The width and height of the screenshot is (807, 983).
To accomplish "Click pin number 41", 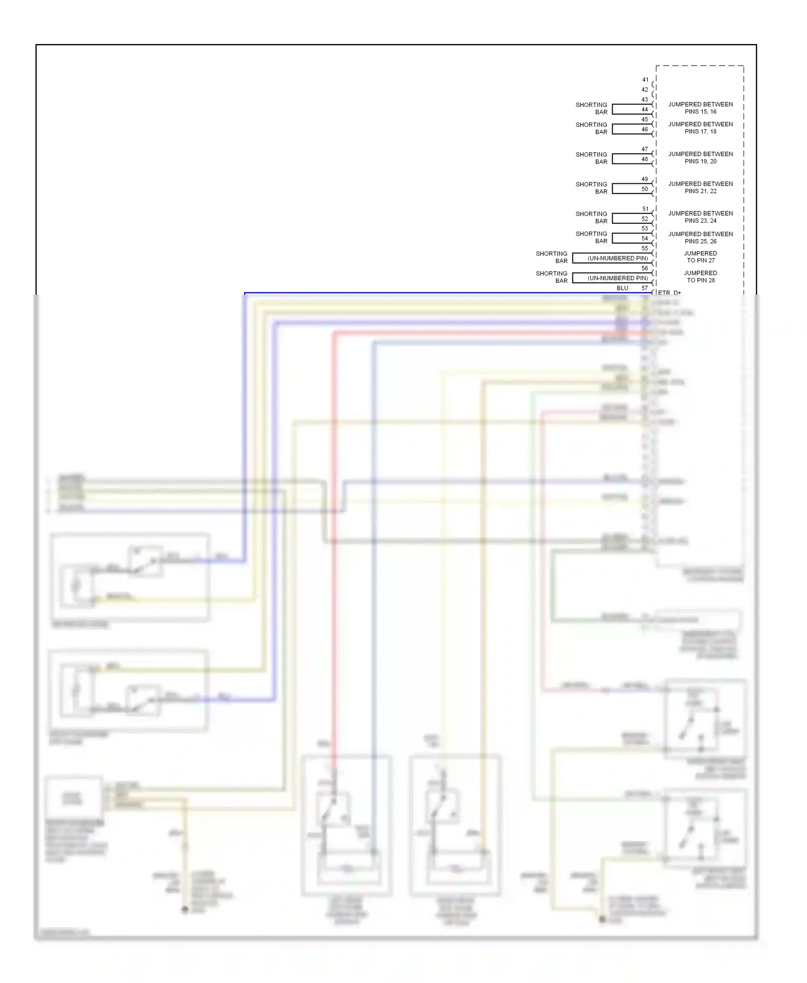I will click(645, 80).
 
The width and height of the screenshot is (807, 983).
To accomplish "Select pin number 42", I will click(645, 90).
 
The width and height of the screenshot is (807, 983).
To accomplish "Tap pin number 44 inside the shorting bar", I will click(645, 110).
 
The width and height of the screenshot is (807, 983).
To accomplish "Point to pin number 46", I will click(645, 130).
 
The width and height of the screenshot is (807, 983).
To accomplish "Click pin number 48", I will click(645, 159).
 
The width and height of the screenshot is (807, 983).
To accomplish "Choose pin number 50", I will click(645, 189).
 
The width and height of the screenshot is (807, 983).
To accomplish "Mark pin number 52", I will click(645, 219).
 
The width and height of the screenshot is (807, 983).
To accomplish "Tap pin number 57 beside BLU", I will click(645, 288).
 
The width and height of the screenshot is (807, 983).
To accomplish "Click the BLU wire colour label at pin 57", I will click(622, 288).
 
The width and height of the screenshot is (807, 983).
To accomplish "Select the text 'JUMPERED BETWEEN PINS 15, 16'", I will click(700, 108).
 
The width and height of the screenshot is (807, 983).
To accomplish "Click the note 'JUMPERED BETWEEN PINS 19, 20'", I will click(700, 158).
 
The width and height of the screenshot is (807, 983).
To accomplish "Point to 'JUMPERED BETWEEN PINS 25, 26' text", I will click(700, 238).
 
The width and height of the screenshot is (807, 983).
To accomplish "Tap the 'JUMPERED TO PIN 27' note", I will click(700, 257).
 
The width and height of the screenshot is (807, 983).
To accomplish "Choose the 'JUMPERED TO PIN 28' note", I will click(700, 277).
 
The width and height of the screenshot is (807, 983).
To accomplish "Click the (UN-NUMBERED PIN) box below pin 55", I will click(618, 258).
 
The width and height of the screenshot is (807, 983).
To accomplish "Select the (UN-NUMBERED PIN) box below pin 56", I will click(618, 278).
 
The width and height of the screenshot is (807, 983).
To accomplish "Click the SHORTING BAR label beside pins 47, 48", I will click(591, 158).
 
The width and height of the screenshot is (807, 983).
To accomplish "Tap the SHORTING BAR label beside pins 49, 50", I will click(591, 188).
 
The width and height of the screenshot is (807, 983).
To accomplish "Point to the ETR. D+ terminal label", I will click(670, 293).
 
